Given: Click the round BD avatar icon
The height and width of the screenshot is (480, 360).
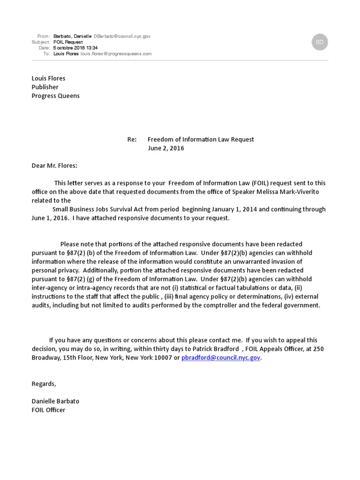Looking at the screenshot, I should (x=320, y=42).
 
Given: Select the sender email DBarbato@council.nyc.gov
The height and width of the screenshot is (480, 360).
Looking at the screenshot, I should (x=122, y=36).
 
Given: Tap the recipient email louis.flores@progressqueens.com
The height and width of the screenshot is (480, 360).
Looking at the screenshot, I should (x=116, y=54).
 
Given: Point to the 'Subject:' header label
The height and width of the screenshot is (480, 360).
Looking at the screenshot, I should (x=41, y=42).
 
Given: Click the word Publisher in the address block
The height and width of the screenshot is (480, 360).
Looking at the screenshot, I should (x=45, y=87).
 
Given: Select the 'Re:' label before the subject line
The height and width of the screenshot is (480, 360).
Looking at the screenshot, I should (x=132, y=140).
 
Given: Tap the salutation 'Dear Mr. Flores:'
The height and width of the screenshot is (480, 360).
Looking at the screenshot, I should (x=54, y=166).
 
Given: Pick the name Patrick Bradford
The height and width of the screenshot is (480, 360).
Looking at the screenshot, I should (x=213, y=349).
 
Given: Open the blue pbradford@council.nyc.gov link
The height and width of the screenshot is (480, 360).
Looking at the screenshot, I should (x=221, y=358).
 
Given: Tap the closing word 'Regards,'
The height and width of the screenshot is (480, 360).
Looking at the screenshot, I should (x=44, y=384).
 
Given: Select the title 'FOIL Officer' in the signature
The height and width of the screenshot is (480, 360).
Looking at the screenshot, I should (x=48, y=410).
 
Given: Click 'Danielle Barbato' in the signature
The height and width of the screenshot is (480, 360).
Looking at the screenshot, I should (x=55, y=402).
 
